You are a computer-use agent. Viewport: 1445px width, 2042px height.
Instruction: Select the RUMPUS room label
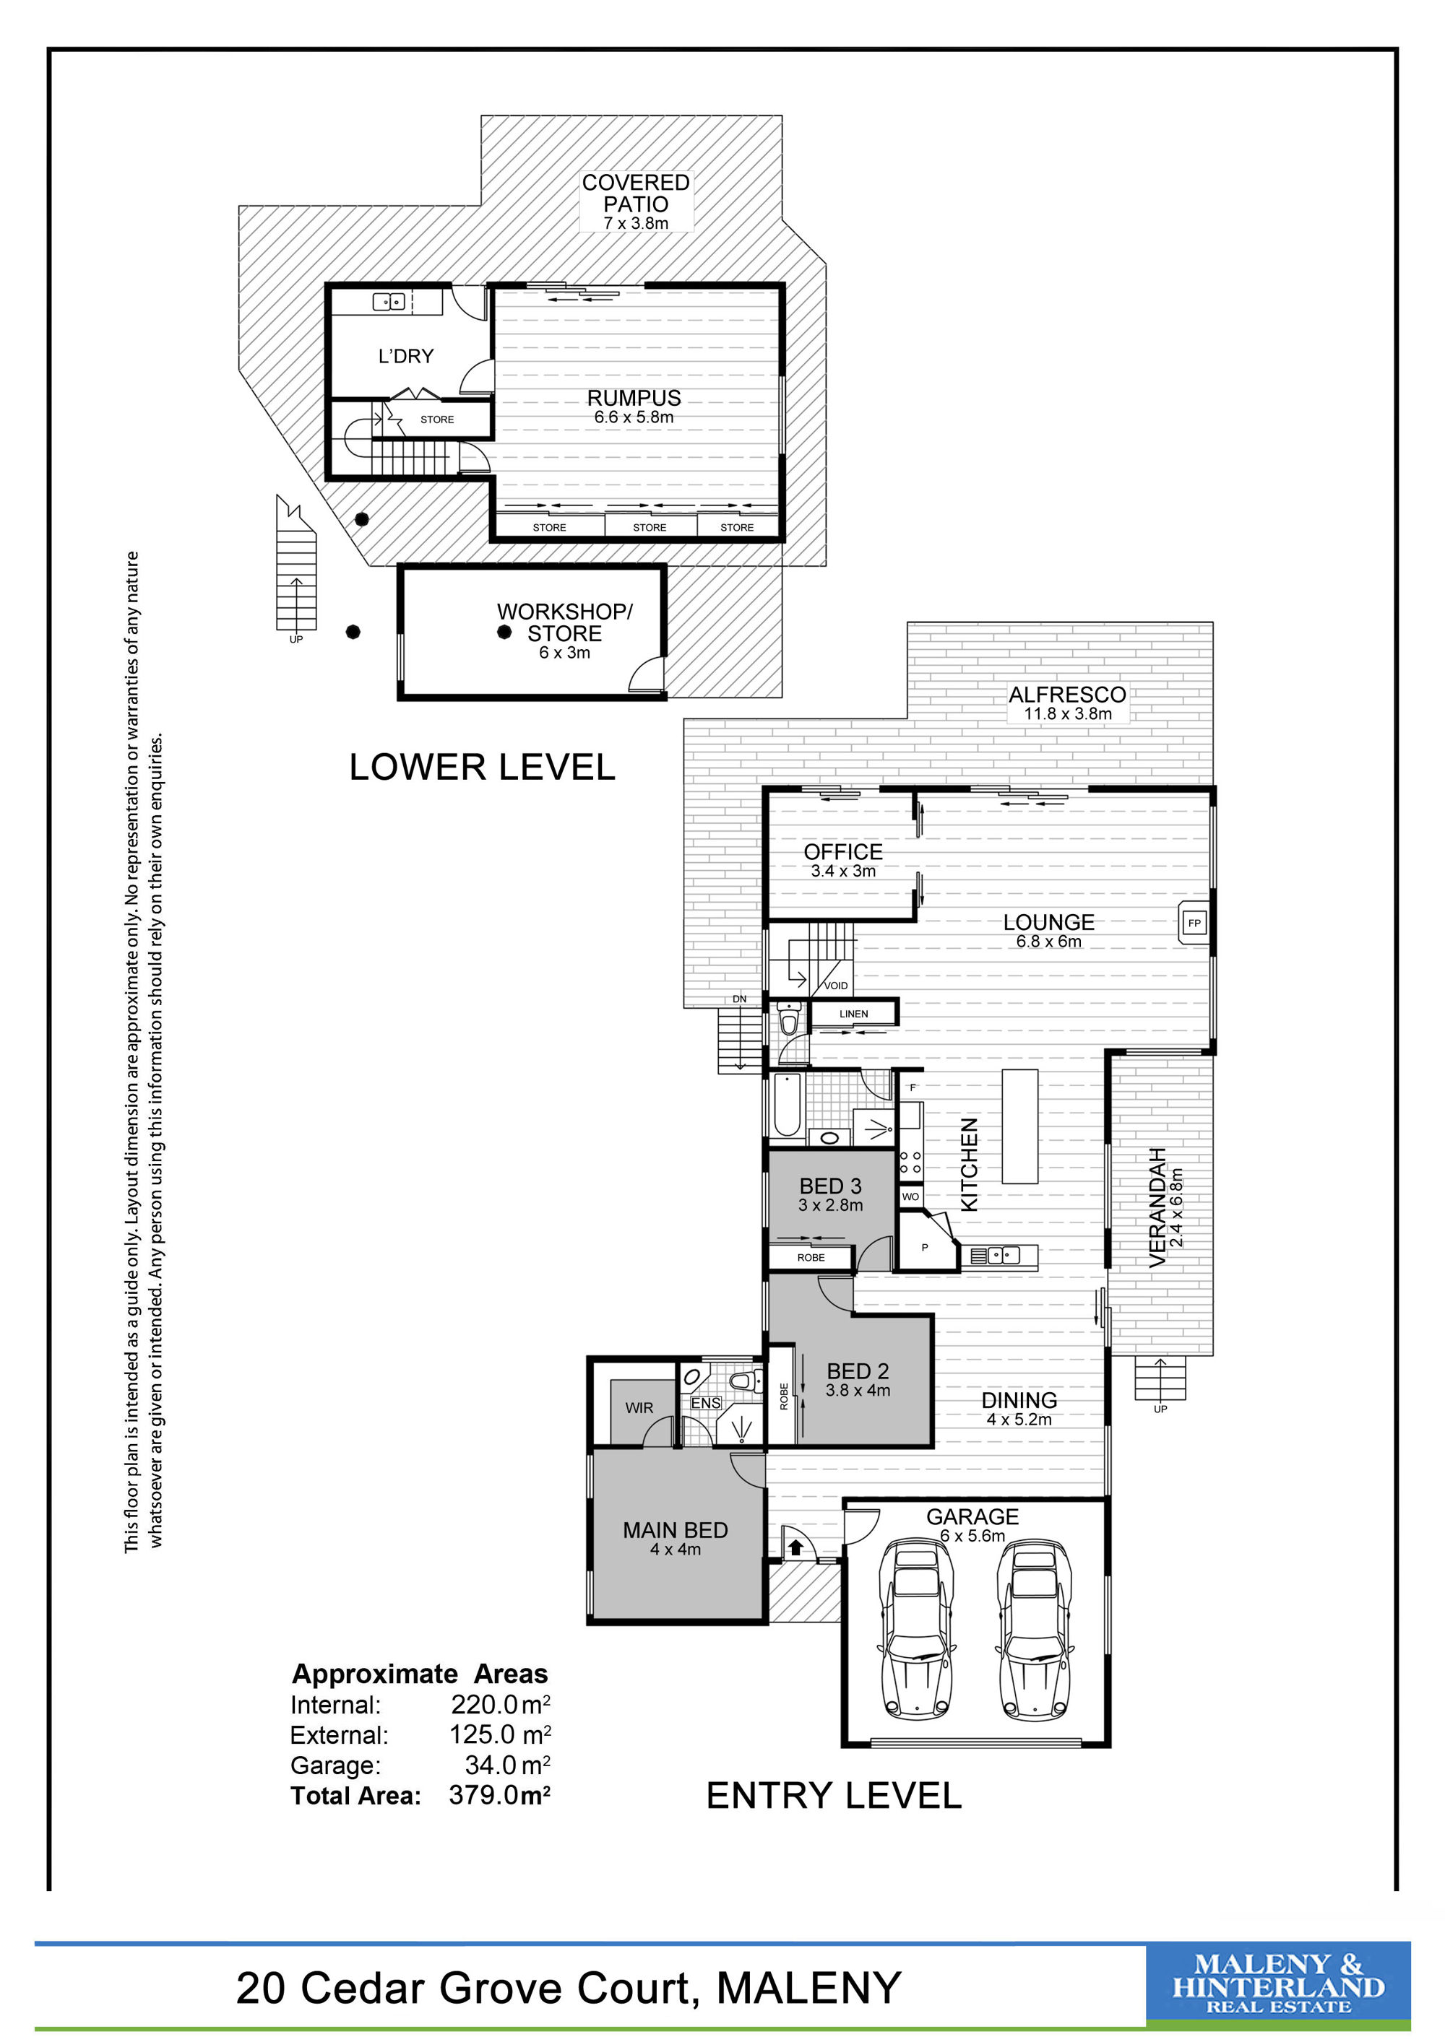pos(634,398)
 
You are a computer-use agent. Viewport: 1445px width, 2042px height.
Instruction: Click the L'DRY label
pos(406,356)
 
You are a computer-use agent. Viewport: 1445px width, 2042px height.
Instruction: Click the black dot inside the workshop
pos(504,633)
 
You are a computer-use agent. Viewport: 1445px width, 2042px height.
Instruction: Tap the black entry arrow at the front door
pos(795,1547)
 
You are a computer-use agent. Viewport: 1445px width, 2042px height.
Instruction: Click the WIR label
pos(639,1408)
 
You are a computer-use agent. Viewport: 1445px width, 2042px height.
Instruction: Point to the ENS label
pos(706,1402)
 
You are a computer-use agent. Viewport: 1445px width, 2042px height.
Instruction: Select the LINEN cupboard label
pos(853,1013)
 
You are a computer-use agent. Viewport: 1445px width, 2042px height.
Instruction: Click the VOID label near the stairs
pos(835,986)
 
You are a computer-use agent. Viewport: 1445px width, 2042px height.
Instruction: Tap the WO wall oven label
pos(910,1196)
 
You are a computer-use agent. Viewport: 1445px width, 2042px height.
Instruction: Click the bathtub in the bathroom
pos(787,1105)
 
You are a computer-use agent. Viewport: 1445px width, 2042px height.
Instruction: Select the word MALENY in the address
pos(808,1988)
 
